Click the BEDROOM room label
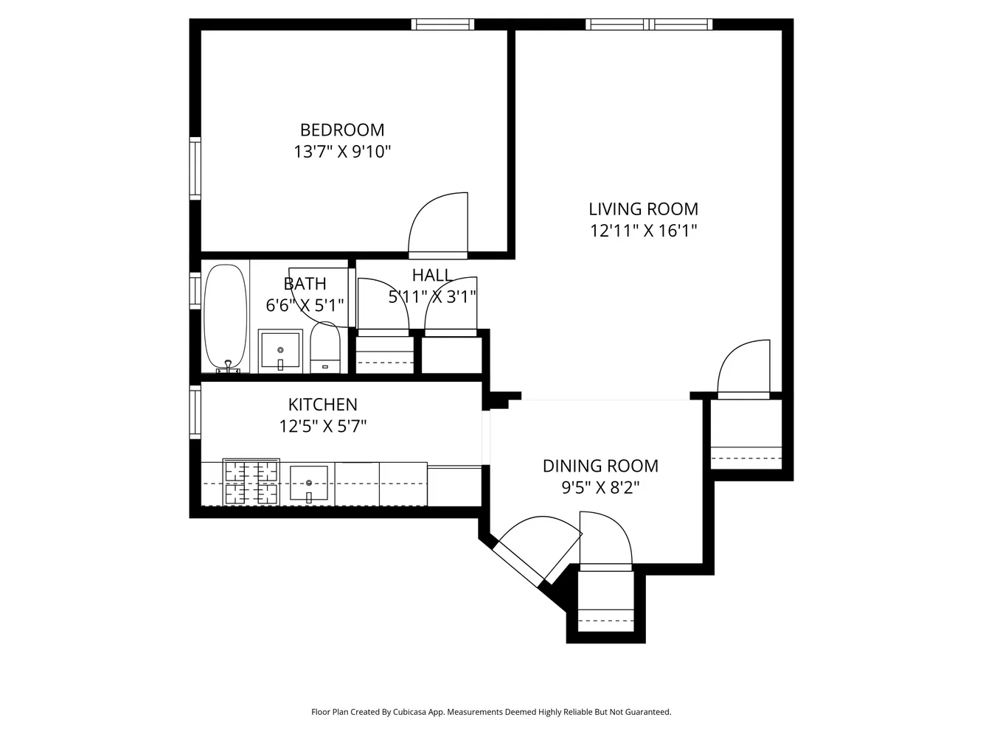tap(341, 130)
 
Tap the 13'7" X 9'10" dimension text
tap(341, 152)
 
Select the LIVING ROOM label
tap(643, 209)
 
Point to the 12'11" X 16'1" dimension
tap(643, 231)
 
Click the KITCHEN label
tap(322, 405)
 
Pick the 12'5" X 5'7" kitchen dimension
tap(322, 426)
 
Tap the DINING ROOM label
tap(600, 466)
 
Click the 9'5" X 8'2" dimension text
tap(600, 487)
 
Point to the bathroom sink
tap(280, 351)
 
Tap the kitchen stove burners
tap(251, 482)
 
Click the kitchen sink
tap(308, 484)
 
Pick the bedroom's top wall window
tap(442, 24)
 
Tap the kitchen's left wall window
tap(195, 413)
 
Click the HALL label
tap(431, 276)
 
